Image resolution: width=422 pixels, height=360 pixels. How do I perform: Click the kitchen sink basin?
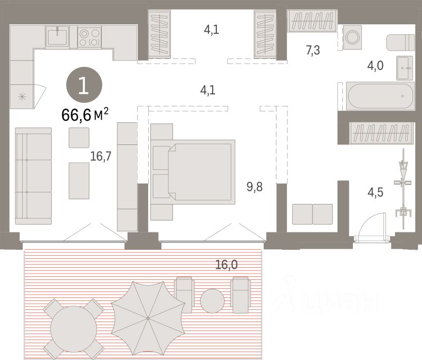coord(56,36)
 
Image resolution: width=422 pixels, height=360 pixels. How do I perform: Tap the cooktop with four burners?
coord(89,37)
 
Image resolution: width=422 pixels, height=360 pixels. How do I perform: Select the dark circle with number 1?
coord(83,86)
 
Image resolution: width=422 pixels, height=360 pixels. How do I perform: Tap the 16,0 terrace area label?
coord(226,265)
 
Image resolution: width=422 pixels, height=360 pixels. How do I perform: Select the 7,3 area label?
coord(314,51)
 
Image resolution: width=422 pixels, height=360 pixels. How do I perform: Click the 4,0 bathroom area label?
coord(375,66)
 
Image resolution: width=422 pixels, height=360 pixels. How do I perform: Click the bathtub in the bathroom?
coord(379,96)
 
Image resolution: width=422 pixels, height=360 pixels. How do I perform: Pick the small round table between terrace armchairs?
coord(213,300)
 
